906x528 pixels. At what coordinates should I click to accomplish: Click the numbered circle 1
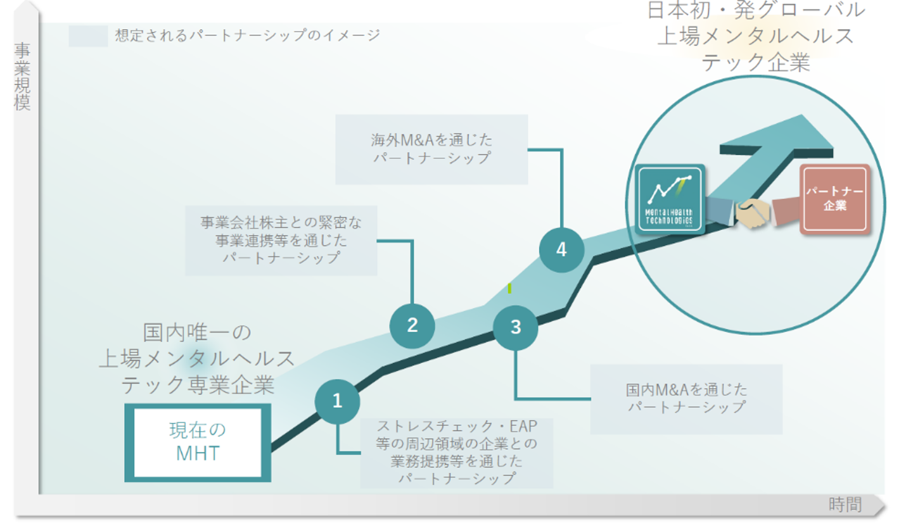337,401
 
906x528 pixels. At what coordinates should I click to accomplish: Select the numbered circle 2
412,325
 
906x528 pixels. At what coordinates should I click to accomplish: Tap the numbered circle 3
516,327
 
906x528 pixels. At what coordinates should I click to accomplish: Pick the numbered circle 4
561,250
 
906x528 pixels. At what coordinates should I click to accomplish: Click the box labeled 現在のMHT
198,442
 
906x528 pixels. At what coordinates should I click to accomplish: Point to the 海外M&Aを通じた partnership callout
431,149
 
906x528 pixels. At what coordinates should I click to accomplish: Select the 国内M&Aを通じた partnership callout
686,398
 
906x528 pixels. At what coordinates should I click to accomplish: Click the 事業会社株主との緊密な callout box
281,240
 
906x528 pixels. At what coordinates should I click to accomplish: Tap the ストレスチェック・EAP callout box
456,452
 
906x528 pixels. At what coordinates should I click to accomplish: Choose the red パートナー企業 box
834,199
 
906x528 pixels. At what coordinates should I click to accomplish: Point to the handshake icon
753,214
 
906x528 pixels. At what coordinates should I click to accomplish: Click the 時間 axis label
845,505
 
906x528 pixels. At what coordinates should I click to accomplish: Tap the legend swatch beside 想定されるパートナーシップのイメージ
88,36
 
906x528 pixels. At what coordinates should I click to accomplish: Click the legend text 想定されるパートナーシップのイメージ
248,35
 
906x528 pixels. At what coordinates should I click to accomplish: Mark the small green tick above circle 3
509,288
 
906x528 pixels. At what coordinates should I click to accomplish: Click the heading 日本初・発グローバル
755,10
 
